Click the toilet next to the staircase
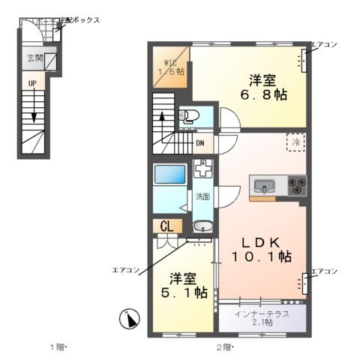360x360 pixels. [189, 115]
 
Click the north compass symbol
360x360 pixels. [130, 319]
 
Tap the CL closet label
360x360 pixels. [166, 226]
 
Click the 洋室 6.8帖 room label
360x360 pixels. [262, 88]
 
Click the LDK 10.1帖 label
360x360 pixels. [261, 249]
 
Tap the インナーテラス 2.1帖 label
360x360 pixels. [262, 317]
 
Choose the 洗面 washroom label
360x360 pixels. [202, 197]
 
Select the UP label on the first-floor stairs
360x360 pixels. [32, 83]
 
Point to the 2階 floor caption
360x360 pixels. [224, 347]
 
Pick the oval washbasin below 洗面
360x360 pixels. [201, 227]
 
